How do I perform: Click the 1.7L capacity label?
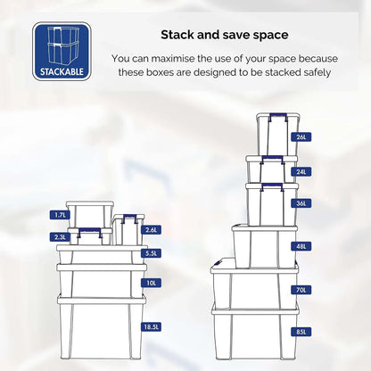pos(60,215)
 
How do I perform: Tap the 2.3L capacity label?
pos(60,237)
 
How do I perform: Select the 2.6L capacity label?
pos(152,230)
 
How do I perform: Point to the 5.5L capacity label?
pos(152,253)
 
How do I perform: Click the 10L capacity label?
pos(152,283)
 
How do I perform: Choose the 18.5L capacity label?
pos(151,327)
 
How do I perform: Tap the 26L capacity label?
pos(301,137)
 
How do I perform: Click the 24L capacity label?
pos(301,171)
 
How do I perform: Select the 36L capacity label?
pos(301,203)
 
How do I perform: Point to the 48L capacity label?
pos(301,246)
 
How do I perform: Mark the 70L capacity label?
pos(301,290)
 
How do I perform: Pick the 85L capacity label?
pos(301,332)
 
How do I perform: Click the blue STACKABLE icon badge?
pos(62,51)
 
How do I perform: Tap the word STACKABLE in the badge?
pos(62,71)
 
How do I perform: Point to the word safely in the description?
pos(317,72)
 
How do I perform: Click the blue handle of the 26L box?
pos(278,115)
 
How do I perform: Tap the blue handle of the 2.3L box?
pos(90,230)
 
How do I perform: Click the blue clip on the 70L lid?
pos(218,263)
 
